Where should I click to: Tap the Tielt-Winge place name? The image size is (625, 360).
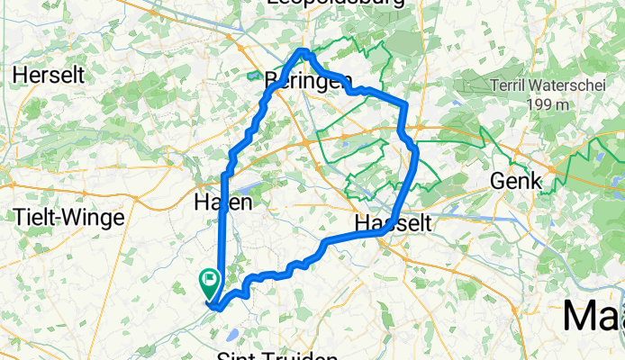[x=61, y=217]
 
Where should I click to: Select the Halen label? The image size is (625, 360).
[x=222, y=203]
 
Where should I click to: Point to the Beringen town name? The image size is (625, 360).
[x=309, y=81]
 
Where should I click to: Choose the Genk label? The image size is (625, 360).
[x=515, y=181]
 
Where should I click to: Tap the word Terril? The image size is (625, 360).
[x=512, y=87]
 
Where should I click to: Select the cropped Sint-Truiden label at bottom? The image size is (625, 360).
[x=276, y=354]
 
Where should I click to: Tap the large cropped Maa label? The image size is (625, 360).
[x=594, y=318]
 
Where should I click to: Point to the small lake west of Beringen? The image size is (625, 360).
[x=254, y=75]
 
